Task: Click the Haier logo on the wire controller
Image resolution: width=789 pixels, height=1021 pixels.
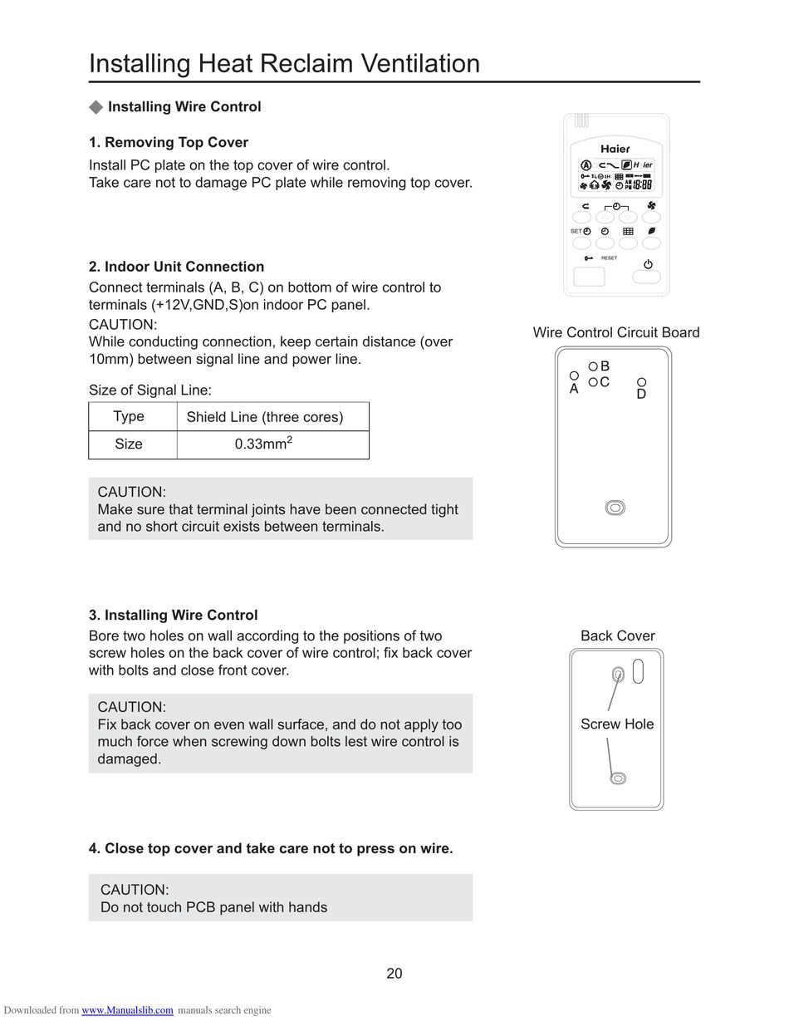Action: click(x=615, y=149)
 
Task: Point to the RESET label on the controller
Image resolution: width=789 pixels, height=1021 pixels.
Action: click(x=609, y=258)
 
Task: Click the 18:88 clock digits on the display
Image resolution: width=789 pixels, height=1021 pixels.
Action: click(x=642, y=185)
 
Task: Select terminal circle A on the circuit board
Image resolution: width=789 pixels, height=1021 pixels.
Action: click(x=574, y=376)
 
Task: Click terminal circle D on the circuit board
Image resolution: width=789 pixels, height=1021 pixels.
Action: click(x=642, y=382)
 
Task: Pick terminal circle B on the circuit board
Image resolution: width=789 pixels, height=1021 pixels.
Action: click(x=593, y=366)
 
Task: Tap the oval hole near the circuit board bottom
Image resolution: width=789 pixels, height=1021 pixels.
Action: click(x=615, y=508)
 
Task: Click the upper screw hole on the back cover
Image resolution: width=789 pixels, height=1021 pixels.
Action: click(x=618, y=674)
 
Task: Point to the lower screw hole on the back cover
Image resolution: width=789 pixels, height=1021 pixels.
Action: click(x=618, y=778)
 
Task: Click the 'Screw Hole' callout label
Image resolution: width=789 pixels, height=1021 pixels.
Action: click(x=617, y=724)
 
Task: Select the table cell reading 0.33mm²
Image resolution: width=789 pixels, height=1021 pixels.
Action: click(x=263, y=444)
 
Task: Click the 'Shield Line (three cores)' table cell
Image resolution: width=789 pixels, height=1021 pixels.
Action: click(x=265, y=417)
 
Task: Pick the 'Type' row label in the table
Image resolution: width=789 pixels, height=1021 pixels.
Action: click(x=129, y=416)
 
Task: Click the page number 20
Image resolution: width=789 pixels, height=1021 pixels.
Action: click(x=394, y=974)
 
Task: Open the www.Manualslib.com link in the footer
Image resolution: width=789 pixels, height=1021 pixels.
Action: click(x=127, y=1010)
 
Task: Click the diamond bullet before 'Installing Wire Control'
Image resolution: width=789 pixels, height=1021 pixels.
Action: click(x=96, y=107)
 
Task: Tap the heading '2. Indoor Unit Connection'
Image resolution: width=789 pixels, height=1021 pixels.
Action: click(x=176, y=267)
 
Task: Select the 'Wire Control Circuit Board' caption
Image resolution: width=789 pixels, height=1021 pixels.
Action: click(x=616, y=332)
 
